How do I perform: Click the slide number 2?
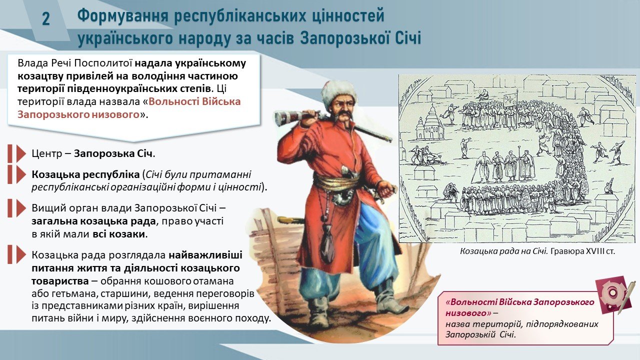click(46, 19)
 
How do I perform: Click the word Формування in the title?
click(122, 16)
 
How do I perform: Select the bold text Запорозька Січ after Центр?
click(113, 153)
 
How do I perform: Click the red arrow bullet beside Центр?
click(17, 153)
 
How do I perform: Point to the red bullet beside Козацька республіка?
click(17, 174)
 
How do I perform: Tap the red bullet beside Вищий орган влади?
click(17, 208)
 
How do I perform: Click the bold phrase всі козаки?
click(119, 234)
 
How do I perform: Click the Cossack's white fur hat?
click(339, 92)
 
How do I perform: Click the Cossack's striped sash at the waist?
click(336, 182)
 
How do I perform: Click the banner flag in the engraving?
click(510, 101)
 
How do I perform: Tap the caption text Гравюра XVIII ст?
click(582, 251)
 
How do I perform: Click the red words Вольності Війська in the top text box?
click(194, 101)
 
